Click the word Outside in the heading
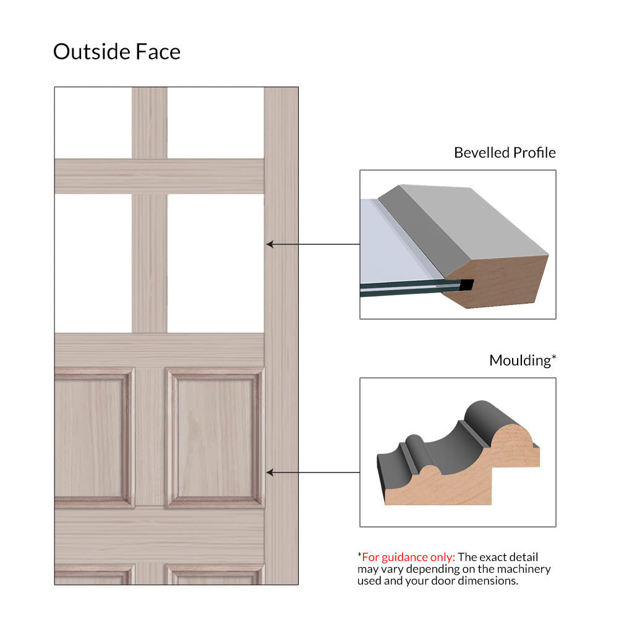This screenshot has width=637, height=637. pyautogui.click(x=92, y=51)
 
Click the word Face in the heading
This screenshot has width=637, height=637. pyautogui.click(x=158, y=51)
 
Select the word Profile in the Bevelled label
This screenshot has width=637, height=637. pyautogui.click(x=534, y=153)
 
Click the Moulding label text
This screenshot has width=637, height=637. pyautogui.click(x=523, y=361)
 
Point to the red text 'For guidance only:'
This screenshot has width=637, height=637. pyautogui.click(x=408, y=557)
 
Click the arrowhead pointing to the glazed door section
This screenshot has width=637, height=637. pyautogui.click(x=270, y=244)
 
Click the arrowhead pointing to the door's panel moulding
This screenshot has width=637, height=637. pyautogui.click(x=270, y=472)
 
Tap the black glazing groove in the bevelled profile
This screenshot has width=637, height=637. pyautogui.click(x=466, y=284)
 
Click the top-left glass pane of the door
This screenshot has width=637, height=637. pyautogui.click(x=93, y=122)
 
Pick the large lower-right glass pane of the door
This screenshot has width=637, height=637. pyautogui.click(x=216, y=263)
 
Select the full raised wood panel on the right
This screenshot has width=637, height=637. pyautogui.click(x=215, y=437)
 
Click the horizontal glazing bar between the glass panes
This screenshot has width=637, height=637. pyautogui.click(x=160, y=176)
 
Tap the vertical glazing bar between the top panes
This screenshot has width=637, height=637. pyautogui.click(x=150, y=122)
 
